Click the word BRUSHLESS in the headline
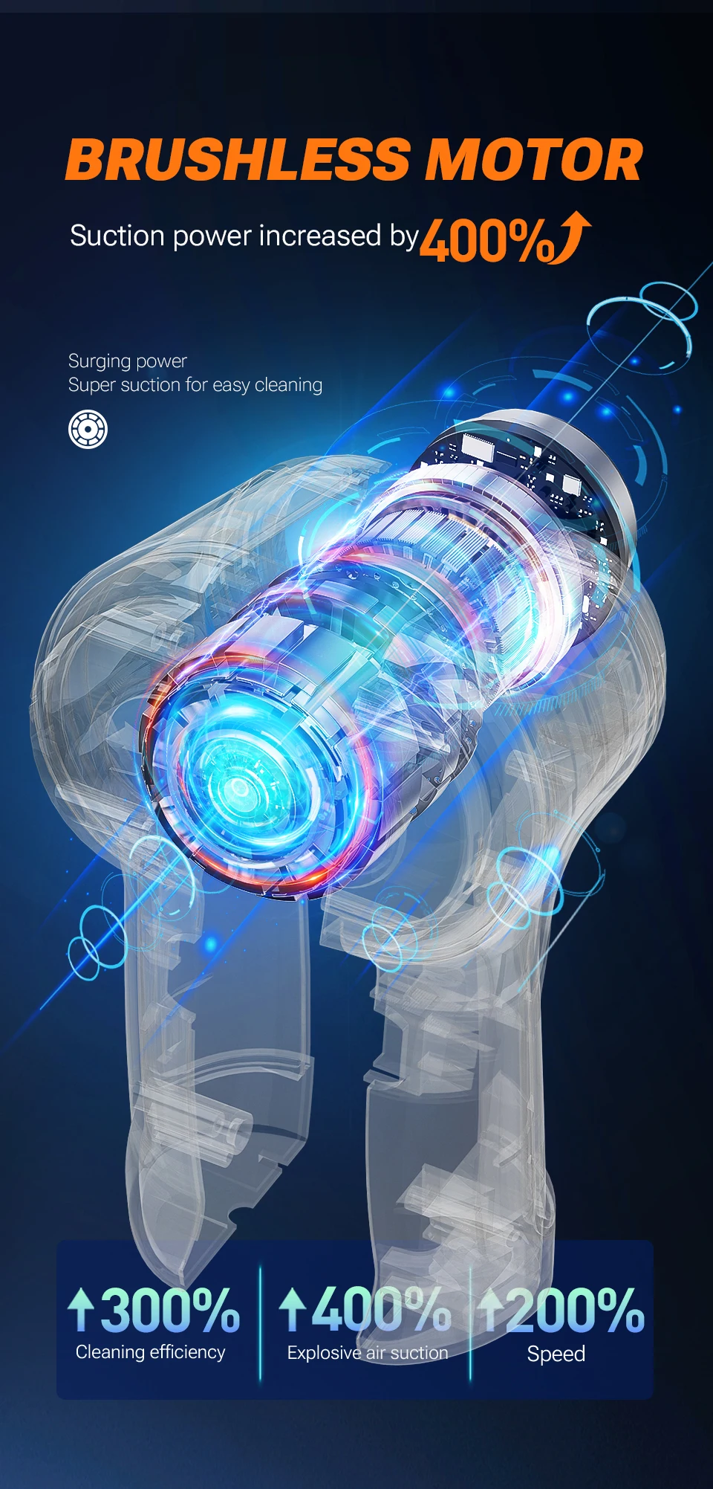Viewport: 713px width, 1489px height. [x=238, y=160]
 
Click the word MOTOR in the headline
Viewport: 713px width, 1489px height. [x=533, y=160]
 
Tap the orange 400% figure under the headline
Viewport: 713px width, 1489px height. [x=487, y=239]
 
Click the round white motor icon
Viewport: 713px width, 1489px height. [x=88, y=430]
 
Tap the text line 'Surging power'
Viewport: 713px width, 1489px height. [x=128, y=361]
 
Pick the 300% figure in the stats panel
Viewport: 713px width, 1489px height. [x=170, y=1310]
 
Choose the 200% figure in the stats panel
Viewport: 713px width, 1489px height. [x=576, y=1310]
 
